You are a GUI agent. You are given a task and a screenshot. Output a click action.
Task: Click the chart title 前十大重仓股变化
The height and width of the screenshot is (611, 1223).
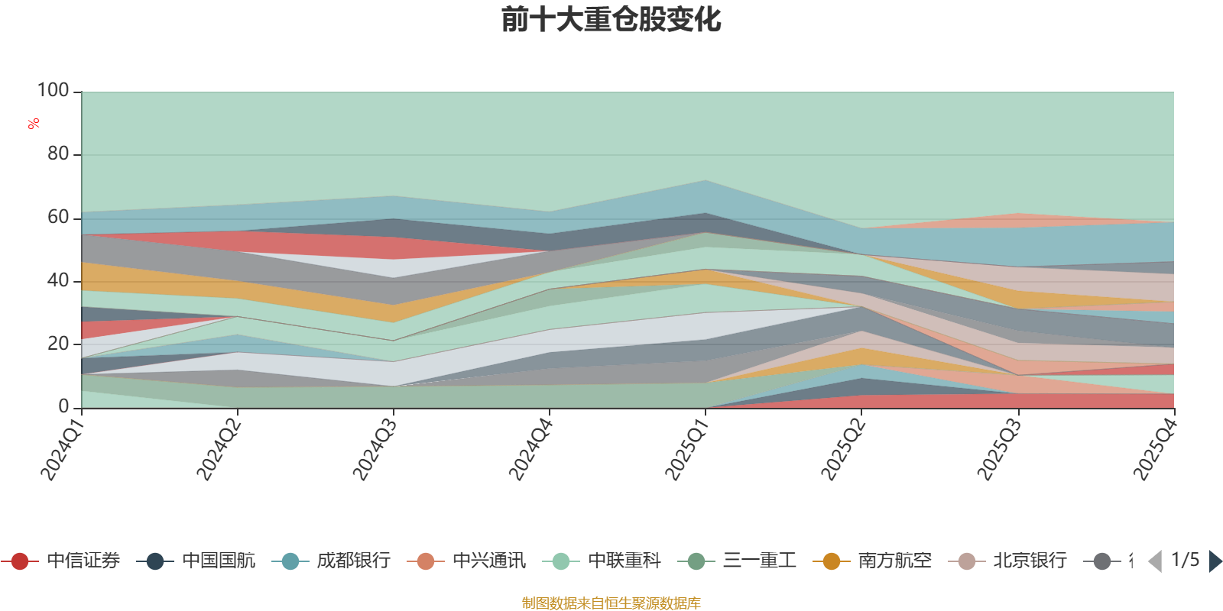(611, 20)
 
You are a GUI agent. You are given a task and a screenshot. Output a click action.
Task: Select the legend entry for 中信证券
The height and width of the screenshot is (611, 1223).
(60, 561)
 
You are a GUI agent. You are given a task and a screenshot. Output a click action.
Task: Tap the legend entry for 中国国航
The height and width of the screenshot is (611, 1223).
(196, 561)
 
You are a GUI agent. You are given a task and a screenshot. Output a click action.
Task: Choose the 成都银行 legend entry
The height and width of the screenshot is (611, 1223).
(331, 561)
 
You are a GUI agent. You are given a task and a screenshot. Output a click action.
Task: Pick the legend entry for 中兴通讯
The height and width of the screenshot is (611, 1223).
(466, 561)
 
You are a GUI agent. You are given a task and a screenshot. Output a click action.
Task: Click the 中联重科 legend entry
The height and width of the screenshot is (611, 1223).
(602, 561)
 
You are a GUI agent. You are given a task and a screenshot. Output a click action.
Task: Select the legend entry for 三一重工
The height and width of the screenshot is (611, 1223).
(737, 561)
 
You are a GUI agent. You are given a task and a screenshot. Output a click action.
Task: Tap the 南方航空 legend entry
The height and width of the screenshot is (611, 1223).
(872, 561)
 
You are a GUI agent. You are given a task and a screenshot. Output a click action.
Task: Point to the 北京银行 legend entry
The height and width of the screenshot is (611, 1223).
(1007, 561)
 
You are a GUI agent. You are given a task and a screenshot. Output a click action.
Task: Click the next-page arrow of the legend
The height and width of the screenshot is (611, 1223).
(1215, 561)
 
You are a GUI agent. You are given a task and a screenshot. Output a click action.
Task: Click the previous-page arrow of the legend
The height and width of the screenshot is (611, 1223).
(1155, 561)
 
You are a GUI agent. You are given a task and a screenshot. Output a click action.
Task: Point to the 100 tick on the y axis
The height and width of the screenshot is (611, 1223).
(53, 91)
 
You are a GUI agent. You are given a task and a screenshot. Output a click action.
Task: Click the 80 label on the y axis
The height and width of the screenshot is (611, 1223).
(58, 154)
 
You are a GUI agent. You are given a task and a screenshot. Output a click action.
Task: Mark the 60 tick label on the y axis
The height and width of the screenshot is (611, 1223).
(58, 217)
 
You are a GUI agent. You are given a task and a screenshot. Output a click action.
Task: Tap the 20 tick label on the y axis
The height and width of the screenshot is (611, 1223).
(58, 344)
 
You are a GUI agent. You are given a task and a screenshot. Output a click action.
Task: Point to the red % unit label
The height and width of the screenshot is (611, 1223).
(34, 124)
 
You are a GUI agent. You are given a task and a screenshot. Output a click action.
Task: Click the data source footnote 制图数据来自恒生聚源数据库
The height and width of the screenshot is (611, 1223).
(611, 603)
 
